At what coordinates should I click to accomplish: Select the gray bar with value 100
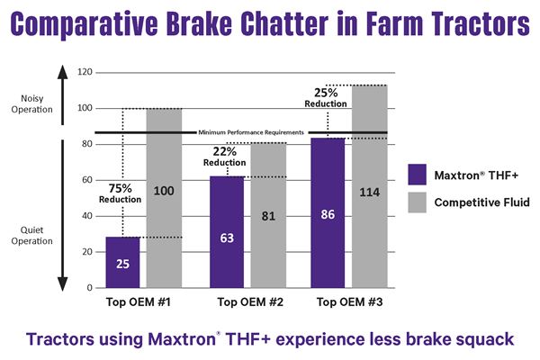click(x=164, y=198)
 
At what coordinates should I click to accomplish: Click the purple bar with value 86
click(x=328, y=212)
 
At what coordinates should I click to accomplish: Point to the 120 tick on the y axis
click(x=86, y=71)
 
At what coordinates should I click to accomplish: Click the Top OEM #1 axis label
click(x=144, y=301)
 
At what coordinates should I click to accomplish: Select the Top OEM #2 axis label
click(x=247, y=301)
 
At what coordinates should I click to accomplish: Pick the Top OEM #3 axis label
click(x=348, y=301)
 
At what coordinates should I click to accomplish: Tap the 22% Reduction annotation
click(x=223, y=155)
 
